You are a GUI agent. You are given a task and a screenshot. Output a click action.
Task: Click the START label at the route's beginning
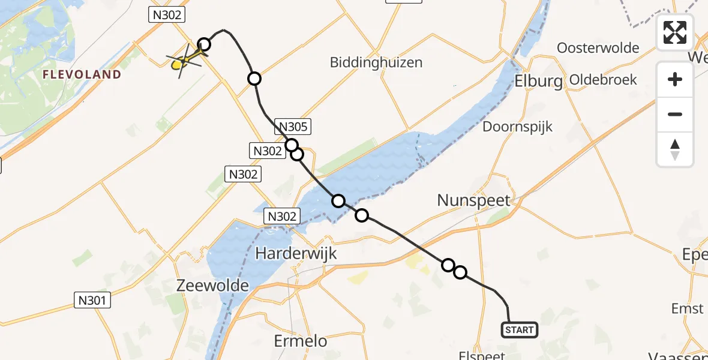pyautogui.click(x=519, y=330)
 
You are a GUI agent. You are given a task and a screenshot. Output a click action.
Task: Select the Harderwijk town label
pyautogui.click(x=296, y=254)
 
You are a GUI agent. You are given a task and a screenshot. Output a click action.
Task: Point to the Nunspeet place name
pyautogui.click(x=473, y=200)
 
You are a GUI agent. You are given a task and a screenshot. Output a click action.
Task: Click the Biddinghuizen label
pyautogui.click(x=376, y=62)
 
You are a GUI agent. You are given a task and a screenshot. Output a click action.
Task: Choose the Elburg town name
pyautogui.click(x=539, y=82)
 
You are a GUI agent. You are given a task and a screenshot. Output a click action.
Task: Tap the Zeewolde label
pyautogui.click(x=213, y=286)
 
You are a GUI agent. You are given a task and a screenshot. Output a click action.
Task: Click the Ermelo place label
pyautogui.click(x=301, y=341)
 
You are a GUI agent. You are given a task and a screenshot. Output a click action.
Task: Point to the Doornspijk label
pyautogui.click(x=518, y=127)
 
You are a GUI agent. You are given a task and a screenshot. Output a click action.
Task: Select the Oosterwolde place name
pyautogui.click(x=598, y=48)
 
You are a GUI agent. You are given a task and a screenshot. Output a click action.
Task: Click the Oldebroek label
pyautogui.click(x=603, y=79)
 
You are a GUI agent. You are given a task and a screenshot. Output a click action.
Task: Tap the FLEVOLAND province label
pyautogui.click(x=82, y=75)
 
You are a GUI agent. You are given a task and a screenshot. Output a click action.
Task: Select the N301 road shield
pyautogui.click(x=93, y=300)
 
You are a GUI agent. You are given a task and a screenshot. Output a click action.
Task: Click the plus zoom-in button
pyautogui.click(x=675, y=79)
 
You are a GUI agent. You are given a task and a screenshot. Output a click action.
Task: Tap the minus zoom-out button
pyautogui.click(x=675, y=114)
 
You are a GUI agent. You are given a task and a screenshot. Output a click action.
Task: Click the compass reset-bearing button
pyautogui.click(x=675, y=149)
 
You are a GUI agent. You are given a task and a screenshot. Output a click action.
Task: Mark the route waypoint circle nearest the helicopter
pyautogui.click(x=205, y=44)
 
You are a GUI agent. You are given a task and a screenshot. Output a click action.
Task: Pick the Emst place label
pyautogui.click(x=688, y=308)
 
